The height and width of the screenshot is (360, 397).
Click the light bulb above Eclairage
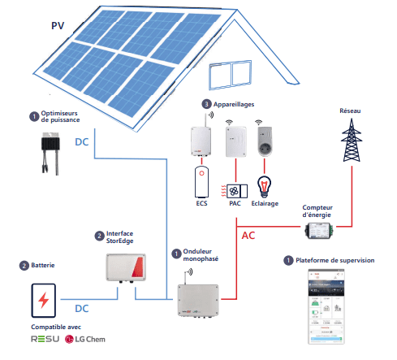263,184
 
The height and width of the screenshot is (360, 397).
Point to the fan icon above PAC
235,192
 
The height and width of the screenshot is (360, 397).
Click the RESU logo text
45,339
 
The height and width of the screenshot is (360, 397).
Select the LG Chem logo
85,339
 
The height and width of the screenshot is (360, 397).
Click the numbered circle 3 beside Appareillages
207,104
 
